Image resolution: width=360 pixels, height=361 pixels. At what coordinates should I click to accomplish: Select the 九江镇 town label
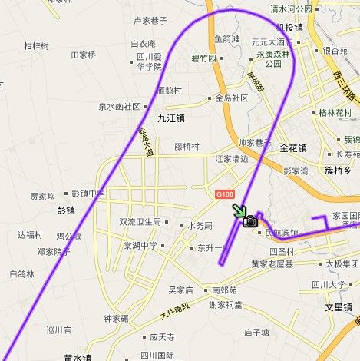171,118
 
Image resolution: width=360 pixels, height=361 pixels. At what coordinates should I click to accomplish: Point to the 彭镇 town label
67,210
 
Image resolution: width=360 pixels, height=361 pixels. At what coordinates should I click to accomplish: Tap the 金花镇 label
293,147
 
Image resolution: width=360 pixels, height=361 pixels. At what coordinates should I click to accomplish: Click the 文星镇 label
338,306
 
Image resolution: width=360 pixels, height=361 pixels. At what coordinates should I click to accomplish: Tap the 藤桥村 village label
187,147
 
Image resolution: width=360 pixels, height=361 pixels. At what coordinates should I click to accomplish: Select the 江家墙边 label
231,159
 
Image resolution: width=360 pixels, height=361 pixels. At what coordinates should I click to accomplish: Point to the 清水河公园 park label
291,8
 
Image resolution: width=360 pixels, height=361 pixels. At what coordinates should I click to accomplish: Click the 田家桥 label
83,55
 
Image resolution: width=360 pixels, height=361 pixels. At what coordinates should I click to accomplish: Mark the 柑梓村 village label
36,46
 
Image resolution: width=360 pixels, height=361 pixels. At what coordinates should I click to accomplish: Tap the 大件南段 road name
175,311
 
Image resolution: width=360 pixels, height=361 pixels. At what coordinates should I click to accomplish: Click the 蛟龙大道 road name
147,143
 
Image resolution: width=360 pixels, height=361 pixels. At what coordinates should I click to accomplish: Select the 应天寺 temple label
161,336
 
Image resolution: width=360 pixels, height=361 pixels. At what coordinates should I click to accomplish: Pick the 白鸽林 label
22,273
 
